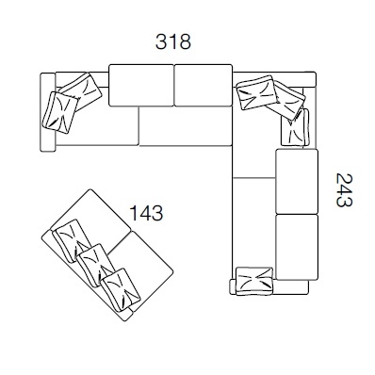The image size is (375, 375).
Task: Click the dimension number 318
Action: (x=173, y=41)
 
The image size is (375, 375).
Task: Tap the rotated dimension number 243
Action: (x=344, y=190)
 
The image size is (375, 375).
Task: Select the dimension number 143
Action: (x=146, y=213)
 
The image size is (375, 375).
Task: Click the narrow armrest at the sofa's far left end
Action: (x=48, y=112)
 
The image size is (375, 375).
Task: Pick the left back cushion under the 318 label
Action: (x=141, y=85)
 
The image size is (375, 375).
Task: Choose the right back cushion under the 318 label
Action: (x=204, y=85)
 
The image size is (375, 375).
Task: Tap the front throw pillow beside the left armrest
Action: (x=60, y=112)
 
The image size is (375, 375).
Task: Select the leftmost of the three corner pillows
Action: (x=256, y=92)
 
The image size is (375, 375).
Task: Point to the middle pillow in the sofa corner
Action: (x=285, y=100)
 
